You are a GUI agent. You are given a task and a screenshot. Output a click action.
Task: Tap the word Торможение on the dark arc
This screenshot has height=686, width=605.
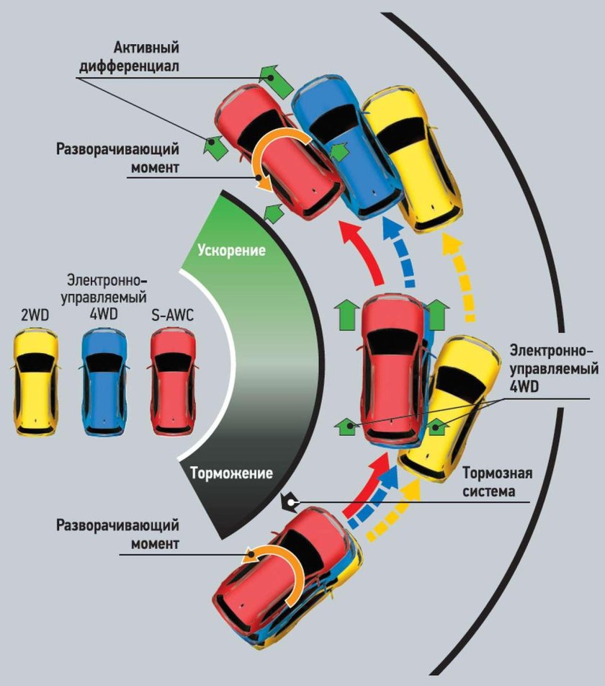point(232,473)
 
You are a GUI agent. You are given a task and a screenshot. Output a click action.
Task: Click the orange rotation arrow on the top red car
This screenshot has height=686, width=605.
point(273,159)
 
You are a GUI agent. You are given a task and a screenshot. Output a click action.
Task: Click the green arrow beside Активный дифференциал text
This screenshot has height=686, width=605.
point(274,80)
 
